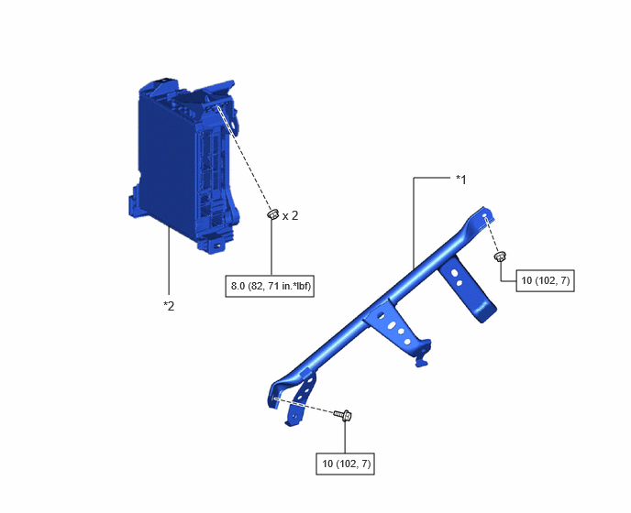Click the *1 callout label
pos(460,180)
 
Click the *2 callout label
pos(169,306)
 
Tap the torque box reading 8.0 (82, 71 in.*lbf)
pos(270,286)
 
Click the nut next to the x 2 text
pos(272,213)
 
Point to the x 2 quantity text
pos(290,216)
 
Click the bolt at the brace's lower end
pos(343,414)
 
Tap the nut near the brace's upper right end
pos(500,256)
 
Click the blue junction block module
pos(186,165)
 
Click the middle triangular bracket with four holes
pos(396,326)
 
